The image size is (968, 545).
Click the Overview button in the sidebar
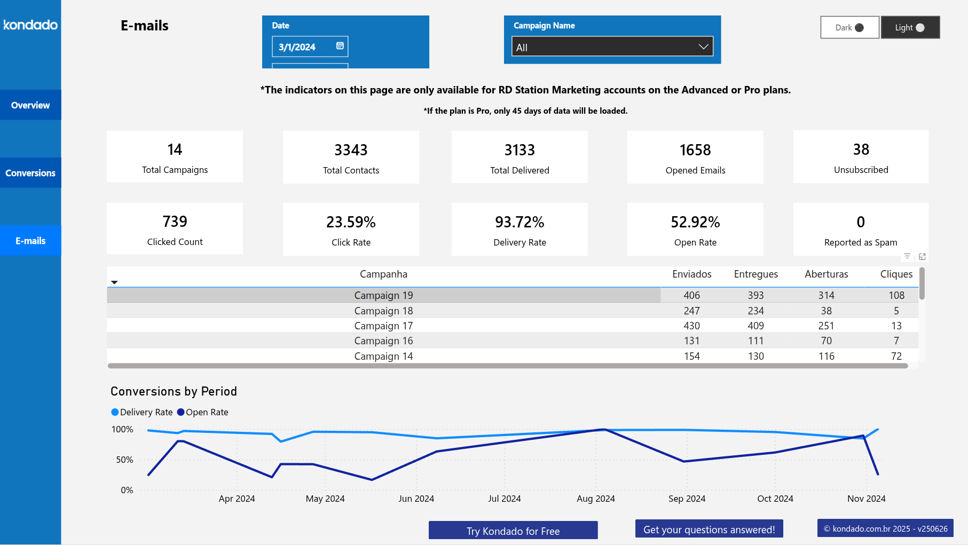(30, 105)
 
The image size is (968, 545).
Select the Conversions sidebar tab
(30, 173)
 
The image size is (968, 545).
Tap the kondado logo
(30, 25)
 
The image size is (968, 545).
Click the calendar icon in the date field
(340, 46)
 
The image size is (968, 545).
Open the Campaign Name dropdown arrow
(703, 47)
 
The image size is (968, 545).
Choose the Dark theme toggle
(849, 28)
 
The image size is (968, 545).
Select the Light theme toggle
(910, 28)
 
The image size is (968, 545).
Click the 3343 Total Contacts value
(351, 150)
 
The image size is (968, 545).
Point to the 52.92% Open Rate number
(695, 222)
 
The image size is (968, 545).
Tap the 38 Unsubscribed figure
(861, 149)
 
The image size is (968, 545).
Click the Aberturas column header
(826, 274)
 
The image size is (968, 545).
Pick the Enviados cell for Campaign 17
(691, 326)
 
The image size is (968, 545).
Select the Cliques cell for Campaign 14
(896, 356)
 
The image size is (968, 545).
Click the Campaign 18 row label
(383, 311)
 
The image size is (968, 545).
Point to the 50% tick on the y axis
(124, 460)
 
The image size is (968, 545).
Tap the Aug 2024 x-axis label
(595, 499)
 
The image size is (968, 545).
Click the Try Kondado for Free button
(513, 531)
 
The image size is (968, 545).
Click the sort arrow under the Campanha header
(114, 282)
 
